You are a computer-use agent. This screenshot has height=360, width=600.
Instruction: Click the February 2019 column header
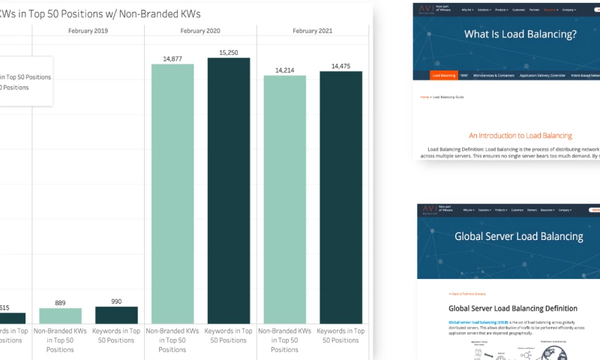[88, 31]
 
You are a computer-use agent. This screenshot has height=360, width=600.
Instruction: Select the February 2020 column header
[200, 31]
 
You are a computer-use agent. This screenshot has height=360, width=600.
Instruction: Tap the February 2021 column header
[312, 31]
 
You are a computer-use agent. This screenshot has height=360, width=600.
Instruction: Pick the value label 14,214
[285, 70]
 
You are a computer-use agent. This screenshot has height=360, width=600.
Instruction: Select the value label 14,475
[340, 66]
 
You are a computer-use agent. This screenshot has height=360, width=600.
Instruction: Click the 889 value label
[60, 303]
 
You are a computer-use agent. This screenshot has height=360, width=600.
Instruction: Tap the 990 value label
[116, 301]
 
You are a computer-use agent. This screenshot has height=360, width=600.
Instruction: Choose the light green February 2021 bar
[285, 199]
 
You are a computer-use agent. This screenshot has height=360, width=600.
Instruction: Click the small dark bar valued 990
[116, 315]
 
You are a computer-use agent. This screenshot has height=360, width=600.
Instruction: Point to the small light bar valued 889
[60, 316]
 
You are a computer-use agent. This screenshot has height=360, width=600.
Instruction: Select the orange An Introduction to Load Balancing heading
[520, 136]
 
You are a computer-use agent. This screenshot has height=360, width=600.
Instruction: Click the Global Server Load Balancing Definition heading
[513, 308]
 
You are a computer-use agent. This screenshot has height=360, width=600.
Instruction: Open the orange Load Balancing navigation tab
[443, 75]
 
